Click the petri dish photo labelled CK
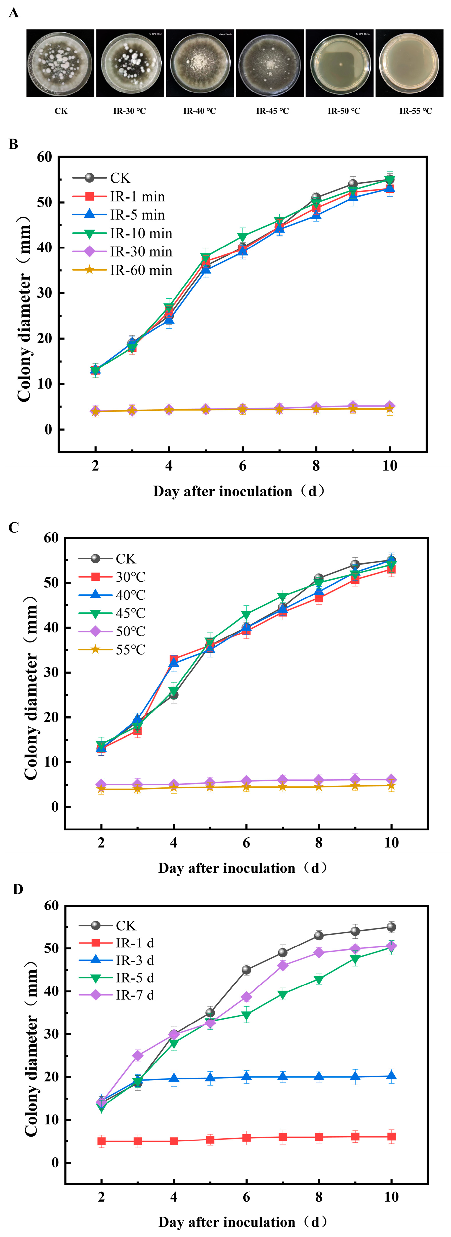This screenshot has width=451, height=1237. click(x=60, y=63)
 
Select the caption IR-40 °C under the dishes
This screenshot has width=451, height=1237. click(x=199, y=111)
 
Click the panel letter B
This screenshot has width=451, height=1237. click(x=13, y=144)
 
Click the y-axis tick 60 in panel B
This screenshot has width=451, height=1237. click(x=44, y=157)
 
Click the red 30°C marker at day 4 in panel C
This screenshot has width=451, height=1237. click(x=174, y=659)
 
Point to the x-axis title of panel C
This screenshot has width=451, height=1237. click(x=242, y=868)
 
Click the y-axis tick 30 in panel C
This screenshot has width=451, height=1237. click(x=51, y=672)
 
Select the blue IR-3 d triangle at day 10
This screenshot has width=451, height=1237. click(x=391, y=1076)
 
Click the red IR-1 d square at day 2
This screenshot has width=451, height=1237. click(x=101, y=1141)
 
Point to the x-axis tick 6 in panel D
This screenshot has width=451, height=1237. click(x=246, y=1197)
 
